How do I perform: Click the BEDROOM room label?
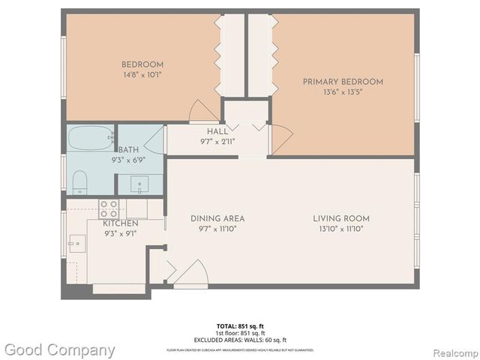pos(142,64)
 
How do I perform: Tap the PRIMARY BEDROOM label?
pos(343,82)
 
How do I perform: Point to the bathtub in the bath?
pos(90,138)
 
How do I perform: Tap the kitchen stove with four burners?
pos(108,208)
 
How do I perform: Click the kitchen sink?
pos(77,242)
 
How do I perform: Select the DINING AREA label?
pos(217,219)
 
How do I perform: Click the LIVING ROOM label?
pos(341,219)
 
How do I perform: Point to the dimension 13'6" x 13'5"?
pos(343,92)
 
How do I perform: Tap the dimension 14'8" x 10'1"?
pos(142,75)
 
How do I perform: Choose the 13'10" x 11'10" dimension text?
pos(341,229)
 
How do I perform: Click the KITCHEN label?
pos(120,223)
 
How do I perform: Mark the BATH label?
pos(127,150)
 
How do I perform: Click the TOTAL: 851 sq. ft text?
pos(240,325)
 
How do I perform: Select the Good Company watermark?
pos(60,349)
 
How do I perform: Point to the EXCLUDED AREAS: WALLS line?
pos(240,340)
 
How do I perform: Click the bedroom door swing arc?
pos(202,110)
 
